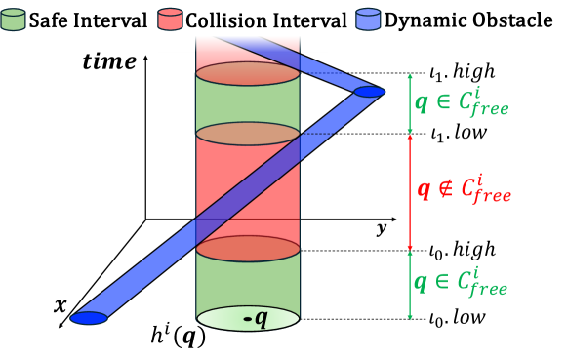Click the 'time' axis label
109,60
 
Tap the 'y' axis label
382,228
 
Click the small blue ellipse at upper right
367,93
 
